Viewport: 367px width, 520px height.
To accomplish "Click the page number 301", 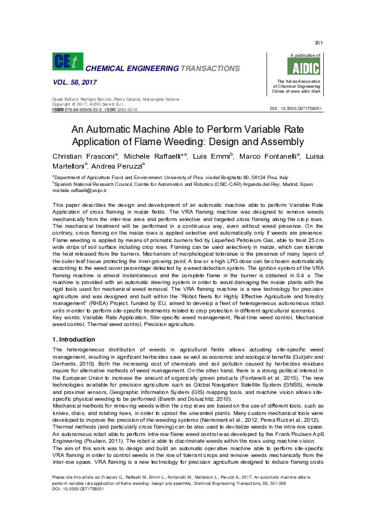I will (319, 43).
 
